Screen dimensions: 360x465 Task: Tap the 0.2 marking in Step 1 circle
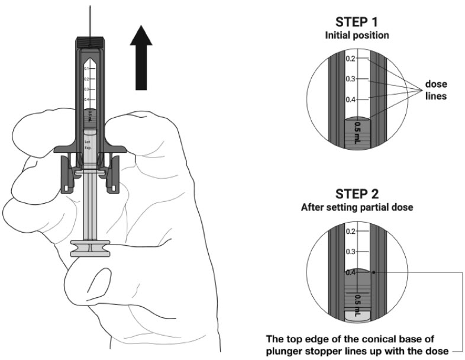point(350,59)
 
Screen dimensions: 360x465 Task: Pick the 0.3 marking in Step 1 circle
point(350,79)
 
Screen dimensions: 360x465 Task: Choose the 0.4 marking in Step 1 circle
point(350,99)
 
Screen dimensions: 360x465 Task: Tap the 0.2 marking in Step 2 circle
point(350,231)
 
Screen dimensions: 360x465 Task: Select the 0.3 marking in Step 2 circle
point(350,252)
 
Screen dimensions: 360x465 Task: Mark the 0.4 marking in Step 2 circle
point(350,272)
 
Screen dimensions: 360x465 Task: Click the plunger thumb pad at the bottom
point(90,247)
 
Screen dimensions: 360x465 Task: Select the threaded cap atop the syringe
point(90,43)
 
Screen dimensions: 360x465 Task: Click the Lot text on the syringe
point(88,142)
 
